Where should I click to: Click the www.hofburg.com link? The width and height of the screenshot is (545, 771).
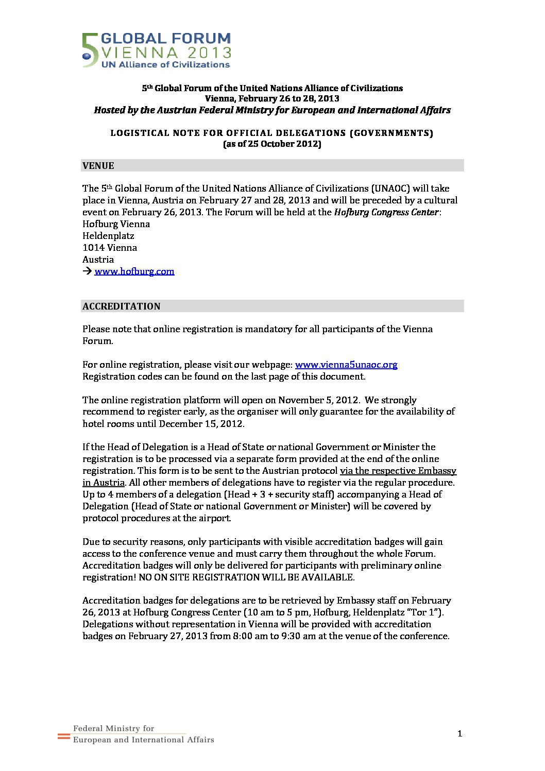134,271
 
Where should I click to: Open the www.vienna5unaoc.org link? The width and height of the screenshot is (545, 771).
346,365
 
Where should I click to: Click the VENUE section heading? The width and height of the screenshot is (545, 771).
98,166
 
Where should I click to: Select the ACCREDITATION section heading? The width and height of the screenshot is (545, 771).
122,306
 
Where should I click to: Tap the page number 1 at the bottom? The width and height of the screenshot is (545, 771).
459,734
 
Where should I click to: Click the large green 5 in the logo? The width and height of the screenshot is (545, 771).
90,50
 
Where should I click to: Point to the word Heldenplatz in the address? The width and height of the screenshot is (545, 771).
108,236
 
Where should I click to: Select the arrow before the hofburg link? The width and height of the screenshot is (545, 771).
87,271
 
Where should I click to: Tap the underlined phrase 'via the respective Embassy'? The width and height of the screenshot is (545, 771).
398,471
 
